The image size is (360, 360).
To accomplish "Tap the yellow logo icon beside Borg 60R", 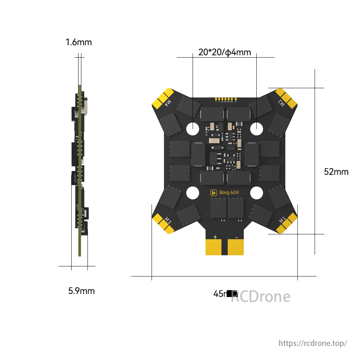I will click(214, 193).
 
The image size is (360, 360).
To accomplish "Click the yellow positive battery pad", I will click(215, 248).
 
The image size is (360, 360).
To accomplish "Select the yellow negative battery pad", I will click(236, 248).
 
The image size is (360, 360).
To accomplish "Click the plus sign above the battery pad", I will click(215, 237).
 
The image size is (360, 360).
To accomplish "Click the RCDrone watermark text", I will click(260, 297).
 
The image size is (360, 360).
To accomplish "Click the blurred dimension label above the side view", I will click(78, 42).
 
